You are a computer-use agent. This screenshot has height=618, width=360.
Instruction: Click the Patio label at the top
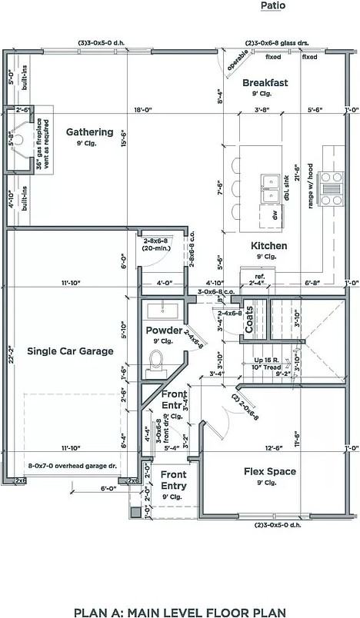[x=272, y=5]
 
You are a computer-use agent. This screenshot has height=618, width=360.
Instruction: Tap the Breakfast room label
[x=265, y=83]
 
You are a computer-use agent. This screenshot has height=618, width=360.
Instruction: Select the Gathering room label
[x=89, y=131]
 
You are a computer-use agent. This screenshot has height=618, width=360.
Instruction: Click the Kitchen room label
[x=268, y=246]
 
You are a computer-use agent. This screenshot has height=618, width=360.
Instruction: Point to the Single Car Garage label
[x=70, y=351]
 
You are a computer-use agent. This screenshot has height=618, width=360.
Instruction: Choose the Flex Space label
[x=270, y=471]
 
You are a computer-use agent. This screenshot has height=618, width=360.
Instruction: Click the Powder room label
[x=164, y=331]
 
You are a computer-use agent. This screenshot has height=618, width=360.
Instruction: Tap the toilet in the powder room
[x=158, y=360]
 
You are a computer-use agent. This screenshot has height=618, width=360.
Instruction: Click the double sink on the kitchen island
[x=270, y=184]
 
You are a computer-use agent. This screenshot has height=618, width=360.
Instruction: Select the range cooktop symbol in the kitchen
[x=331, y=188]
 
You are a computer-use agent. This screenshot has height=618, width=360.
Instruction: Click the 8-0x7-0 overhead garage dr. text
[x=72, y=466]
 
